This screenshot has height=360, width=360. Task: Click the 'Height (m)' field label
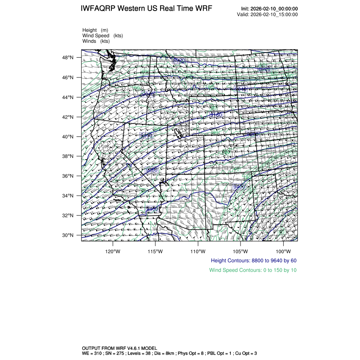click(95, 30)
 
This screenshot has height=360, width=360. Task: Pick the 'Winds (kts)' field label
click(96, 41)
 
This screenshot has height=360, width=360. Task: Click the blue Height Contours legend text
click(253, 260)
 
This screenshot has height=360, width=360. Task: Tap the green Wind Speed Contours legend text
click(252, 270)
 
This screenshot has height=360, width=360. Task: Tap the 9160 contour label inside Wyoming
click(216, 115)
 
